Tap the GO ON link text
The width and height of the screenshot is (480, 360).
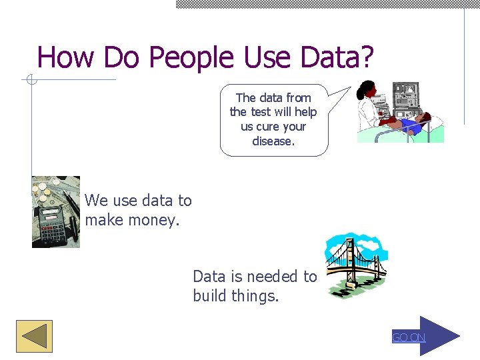[x=408, y=337]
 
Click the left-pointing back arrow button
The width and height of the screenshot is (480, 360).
[x=34, y=337]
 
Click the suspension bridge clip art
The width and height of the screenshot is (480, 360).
[x=355, y=265]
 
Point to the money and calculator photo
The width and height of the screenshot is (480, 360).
[x=56, y=212]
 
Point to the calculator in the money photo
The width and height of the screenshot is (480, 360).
[x=51, y=223]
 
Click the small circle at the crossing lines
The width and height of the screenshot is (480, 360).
[x=31, y=81]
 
